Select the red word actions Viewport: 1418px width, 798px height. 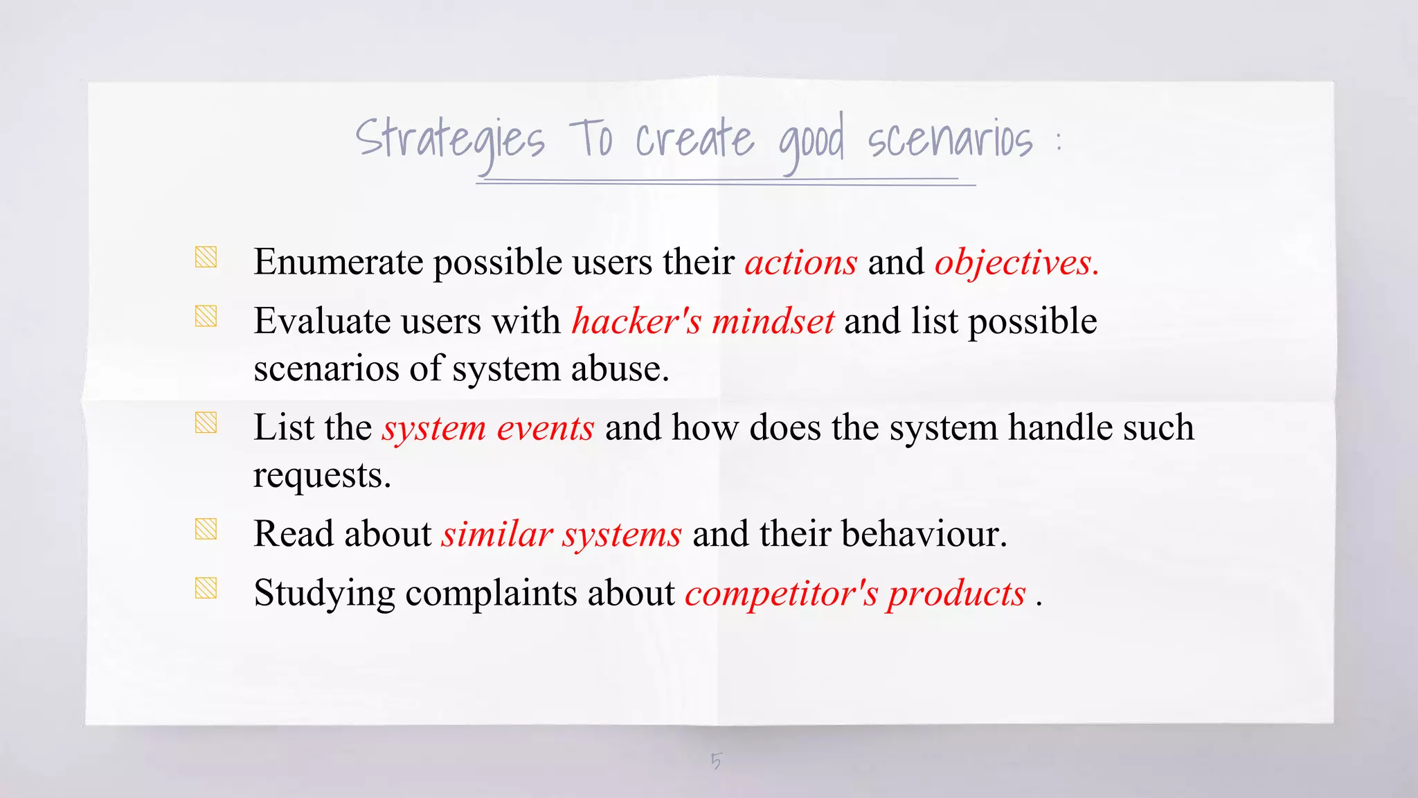[x=801, y=263]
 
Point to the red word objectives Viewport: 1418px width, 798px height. [x=1016, y=263]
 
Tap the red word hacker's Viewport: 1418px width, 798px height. [x=636, y=321]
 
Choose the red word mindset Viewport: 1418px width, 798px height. [x=773, y=321]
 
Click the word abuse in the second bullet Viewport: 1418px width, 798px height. [x=620, y=369]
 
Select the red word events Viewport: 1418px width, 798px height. [x=546, y=428]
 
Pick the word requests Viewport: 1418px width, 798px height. [x=322, y=476]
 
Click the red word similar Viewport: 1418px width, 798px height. [x=497, y=535]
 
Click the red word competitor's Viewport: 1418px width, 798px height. [x=782, y=594]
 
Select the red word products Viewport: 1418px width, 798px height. [x=956, y=594]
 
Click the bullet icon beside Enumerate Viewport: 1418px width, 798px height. [x=206, y=257]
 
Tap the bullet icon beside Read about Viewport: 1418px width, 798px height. [x=206, y=529]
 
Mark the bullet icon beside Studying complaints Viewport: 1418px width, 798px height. [x=206, y=588]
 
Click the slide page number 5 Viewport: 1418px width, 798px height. [x=716, y=761]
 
